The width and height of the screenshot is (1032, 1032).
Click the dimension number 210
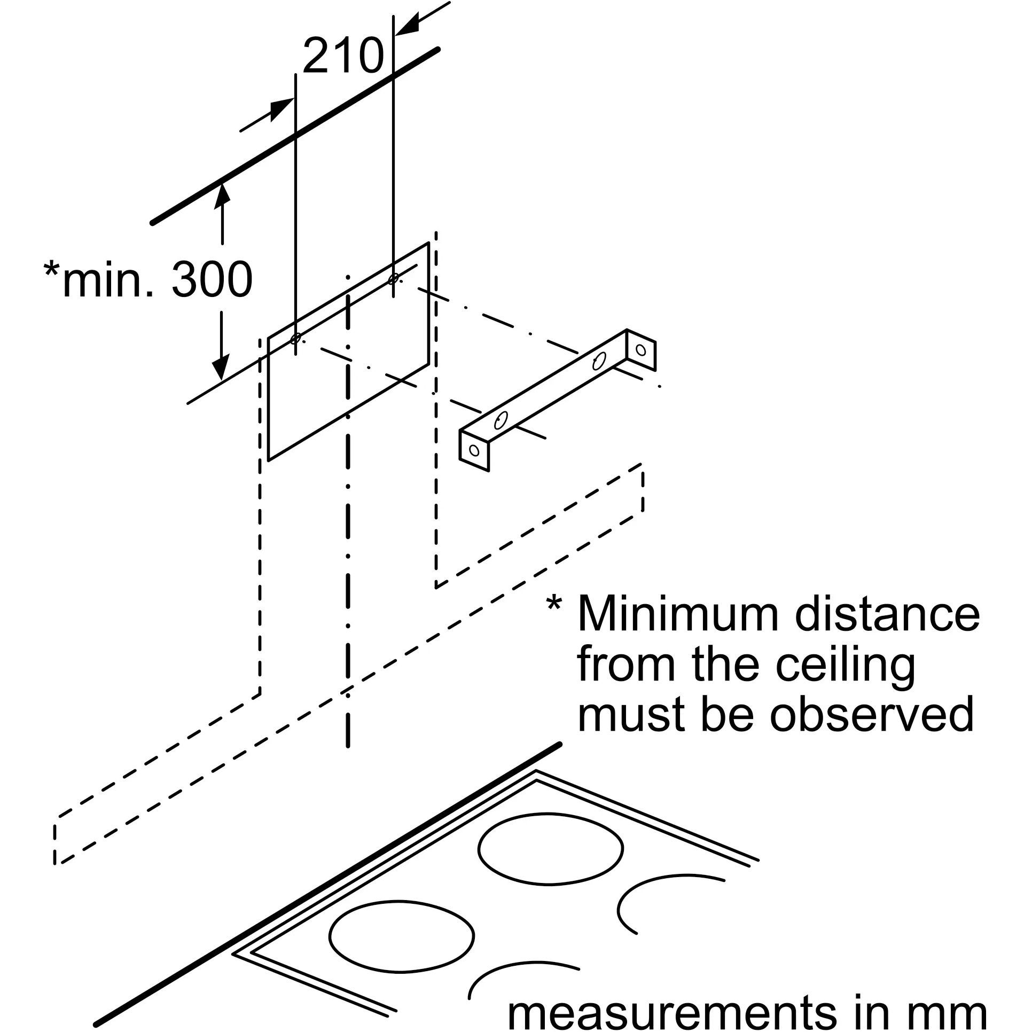coord(342,56)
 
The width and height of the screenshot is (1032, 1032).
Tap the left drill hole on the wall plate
coord(295,339)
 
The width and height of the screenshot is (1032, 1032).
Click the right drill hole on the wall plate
coord(394,278)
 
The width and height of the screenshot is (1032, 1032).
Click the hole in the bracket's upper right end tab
coord(641,350)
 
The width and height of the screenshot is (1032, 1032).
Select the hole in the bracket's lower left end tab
coord(474,450)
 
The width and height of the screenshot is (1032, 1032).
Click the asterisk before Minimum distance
coord(554,605)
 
